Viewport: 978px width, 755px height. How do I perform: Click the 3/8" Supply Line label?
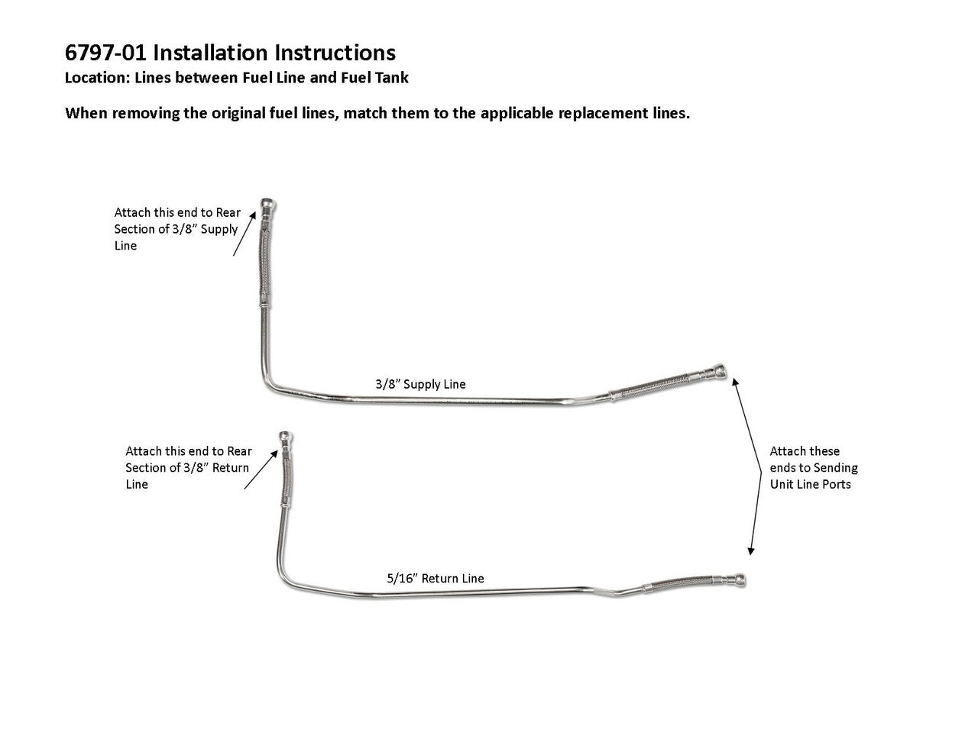(x=420, y=384)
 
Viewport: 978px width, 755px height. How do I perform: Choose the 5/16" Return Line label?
(x=435, y=579)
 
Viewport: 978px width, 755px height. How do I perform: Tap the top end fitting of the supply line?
(x=269, y=205)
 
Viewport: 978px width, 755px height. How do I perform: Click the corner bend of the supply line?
(x=269, y=386)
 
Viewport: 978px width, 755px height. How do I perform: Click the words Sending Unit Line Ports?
(x=814, y=476)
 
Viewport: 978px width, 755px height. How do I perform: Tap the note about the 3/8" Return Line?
(x=188, y=467)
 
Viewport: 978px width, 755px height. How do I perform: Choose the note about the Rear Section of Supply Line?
(x=176, y=229)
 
